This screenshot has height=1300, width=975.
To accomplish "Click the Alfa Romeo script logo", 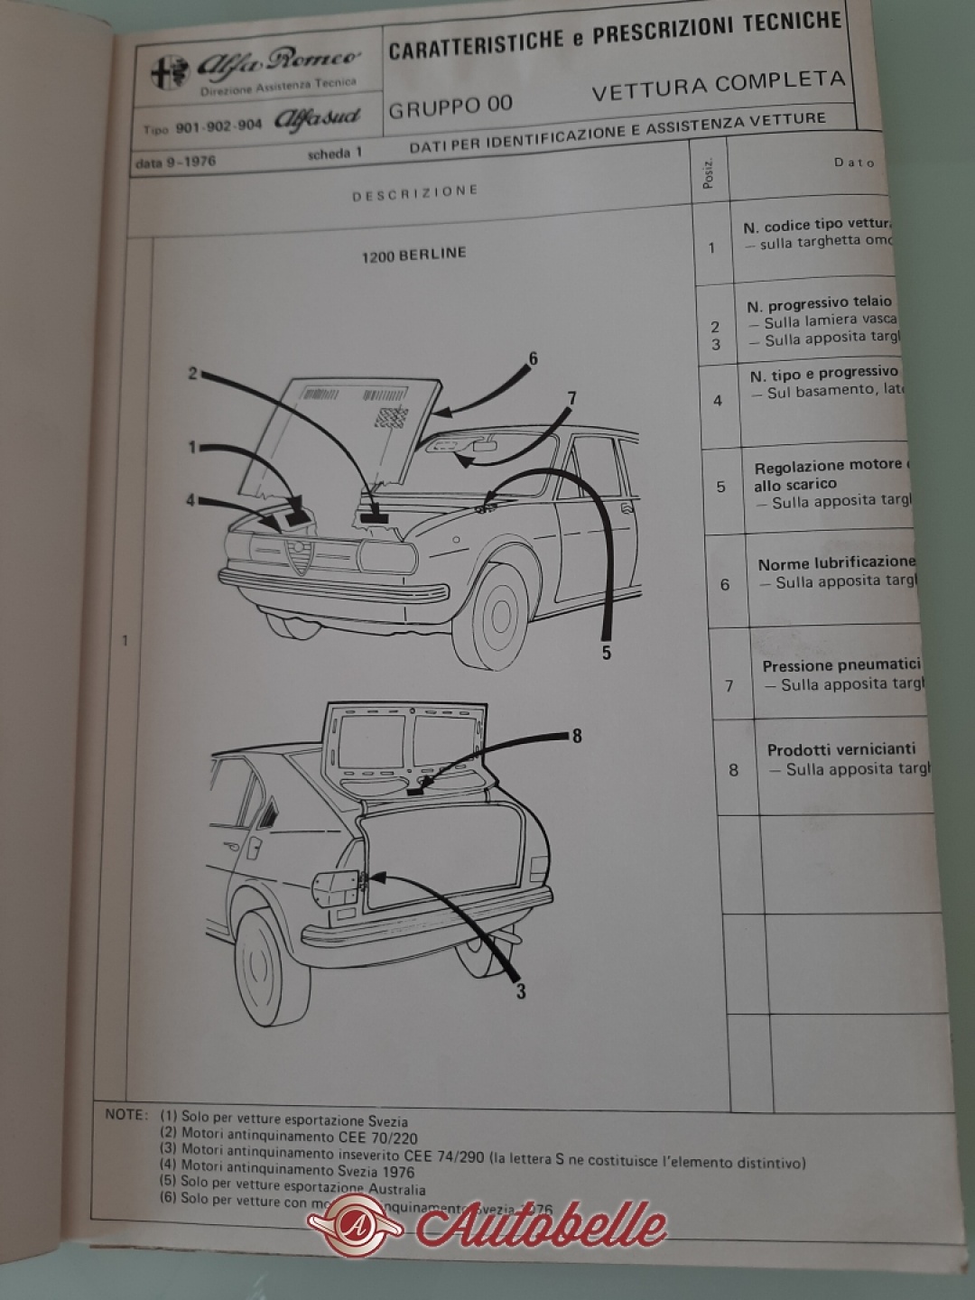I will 278,62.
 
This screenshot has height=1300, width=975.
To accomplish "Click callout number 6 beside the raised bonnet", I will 533,359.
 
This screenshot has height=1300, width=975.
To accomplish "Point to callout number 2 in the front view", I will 192,372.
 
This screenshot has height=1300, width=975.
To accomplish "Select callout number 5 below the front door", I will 606,652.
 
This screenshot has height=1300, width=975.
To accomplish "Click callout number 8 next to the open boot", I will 577,736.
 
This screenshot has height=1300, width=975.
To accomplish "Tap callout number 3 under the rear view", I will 521,991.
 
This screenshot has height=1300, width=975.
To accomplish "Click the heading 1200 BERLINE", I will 414,254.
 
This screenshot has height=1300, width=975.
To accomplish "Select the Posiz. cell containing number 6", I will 725,584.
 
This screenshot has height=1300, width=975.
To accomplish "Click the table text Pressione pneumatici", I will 841,666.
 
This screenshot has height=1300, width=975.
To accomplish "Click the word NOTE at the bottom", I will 125,1114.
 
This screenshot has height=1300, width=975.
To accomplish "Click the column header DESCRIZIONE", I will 414,192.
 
